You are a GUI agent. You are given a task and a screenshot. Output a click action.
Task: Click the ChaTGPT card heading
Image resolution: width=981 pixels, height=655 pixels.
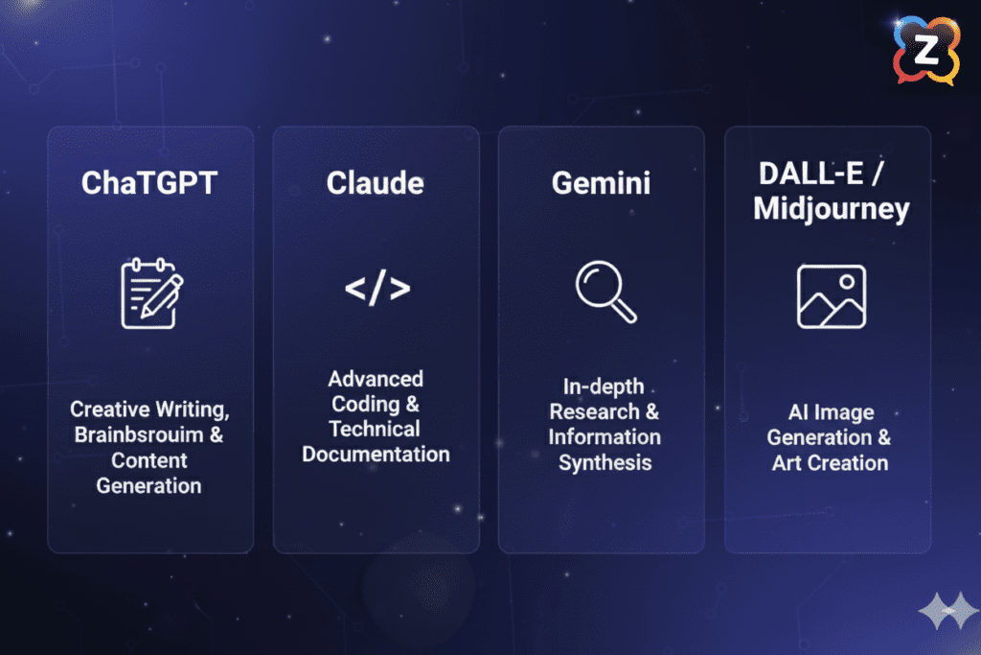point(149,184)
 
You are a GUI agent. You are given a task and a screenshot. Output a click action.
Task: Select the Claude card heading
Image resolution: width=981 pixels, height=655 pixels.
point(376,183)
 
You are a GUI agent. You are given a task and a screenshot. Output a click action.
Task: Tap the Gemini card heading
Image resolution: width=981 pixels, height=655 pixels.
point(601,183)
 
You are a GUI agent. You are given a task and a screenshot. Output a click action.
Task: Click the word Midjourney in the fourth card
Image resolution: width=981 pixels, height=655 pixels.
point(831,209)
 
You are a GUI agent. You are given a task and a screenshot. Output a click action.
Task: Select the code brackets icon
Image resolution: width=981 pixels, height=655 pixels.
point(376,289)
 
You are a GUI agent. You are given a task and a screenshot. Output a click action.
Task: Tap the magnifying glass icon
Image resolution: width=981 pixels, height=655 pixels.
point(605,292)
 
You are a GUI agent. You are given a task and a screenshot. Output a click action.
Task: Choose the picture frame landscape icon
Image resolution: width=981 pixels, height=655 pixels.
point(831,296)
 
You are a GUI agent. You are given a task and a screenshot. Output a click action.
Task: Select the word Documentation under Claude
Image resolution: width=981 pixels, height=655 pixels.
point(376,454)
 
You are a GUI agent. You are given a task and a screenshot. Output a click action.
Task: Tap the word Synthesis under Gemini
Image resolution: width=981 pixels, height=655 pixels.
point(605,462)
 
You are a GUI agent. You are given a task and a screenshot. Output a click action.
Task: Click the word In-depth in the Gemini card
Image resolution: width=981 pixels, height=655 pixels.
point(603,386)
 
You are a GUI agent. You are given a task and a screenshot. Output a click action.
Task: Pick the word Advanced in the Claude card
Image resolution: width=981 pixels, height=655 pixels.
point(376,379)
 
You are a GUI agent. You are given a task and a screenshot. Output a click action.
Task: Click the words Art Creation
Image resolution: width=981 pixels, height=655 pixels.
point(830,462)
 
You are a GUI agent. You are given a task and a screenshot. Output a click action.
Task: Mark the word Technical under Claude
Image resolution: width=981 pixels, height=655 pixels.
point(376,429)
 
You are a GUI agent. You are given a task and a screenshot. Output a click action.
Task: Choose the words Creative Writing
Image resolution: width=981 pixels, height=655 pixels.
point(148,409)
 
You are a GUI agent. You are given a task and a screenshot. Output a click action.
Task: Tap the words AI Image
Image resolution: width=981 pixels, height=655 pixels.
point(830,412)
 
